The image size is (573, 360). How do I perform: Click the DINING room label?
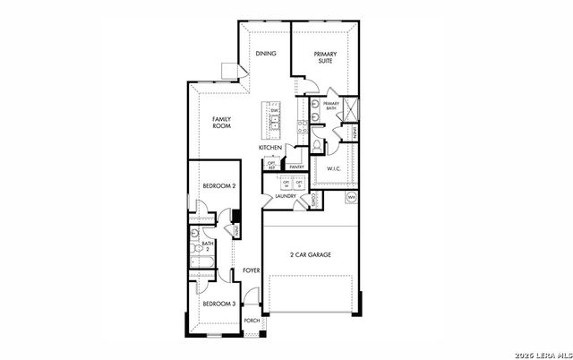click(x=266, y=55)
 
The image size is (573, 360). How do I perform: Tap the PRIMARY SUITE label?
click(x=325, y=58)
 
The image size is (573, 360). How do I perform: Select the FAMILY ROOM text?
click(x=222, y=123)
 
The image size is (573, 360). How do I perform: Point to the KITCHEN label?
click(x=271, y=147)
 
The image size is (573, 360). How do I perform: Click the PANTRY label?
click(x=297, y=167)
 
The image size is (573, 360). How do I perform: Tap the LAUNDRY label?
click(x=286, y=196)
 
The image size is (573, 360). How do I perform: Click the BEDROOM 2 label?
click(x=218, y=186)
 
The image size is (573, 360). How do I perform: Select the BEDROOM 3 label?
click(x=218, y=304)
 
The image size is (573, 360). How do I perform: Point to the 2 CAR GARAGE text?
click(x=310, y=255)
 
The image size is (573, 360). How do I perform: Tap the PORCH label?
click(x=252, y=320)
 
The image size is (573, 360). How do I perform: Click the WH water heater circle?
click(x=351, y=197)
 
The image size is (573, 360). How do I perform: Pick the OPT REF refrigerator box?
click(x=271, y=164)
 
